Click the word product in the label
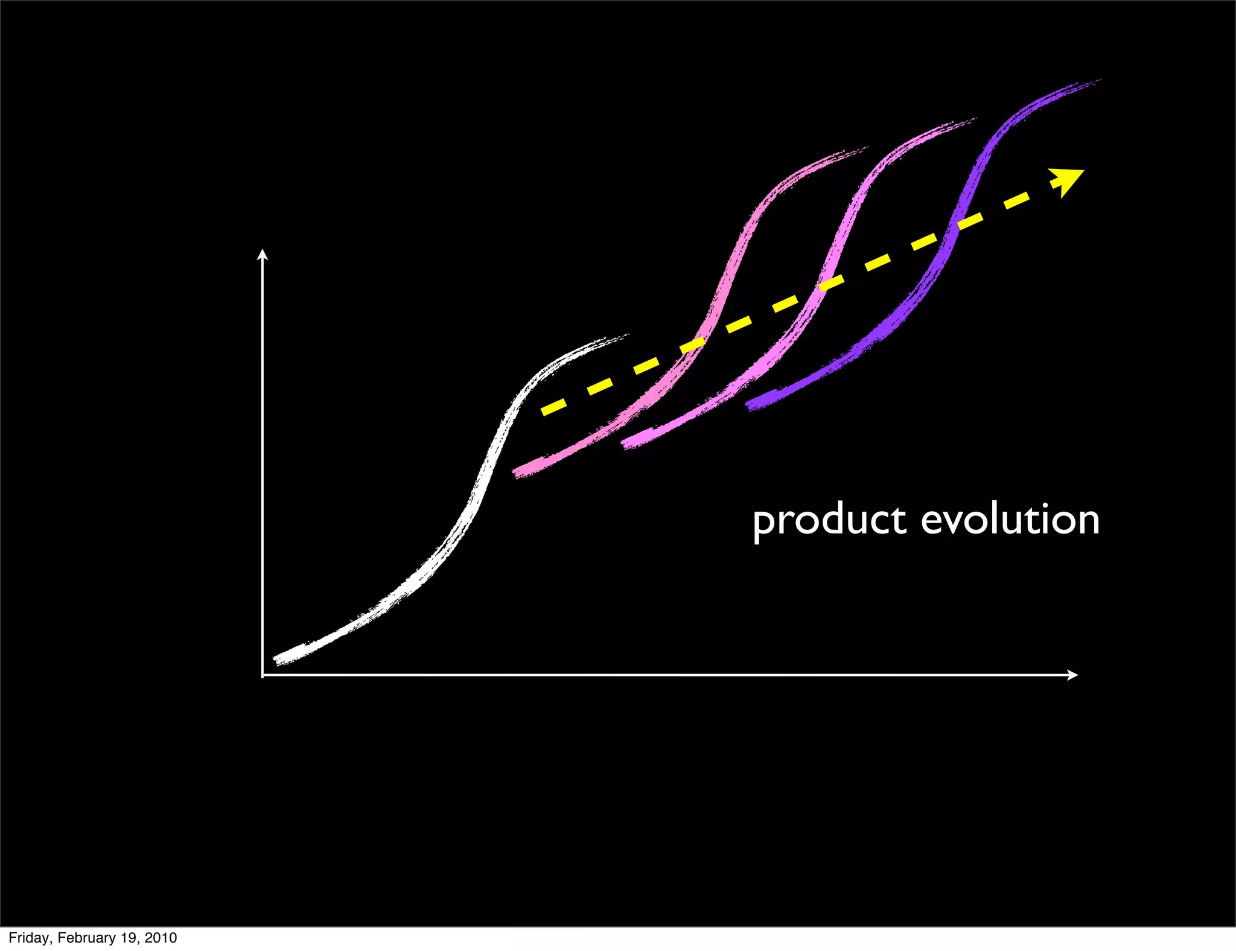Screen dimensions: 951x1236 click(x=829, y=520)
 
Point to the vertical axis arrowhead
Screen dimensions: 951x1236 click(x=262, y=254)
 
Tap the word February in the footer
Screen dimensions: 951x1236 click(x=87, y=938)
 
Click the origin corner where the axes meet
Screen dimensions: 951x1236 click(x=263, y=675)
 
